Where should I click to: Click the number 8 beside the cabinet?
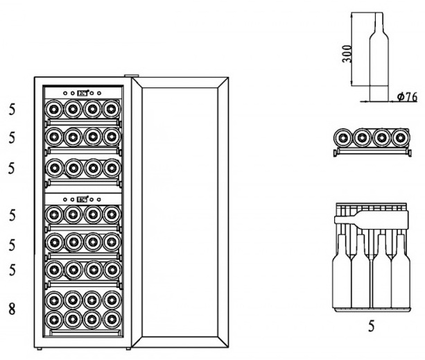11,309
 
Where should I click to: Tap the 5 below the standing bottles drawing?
371,326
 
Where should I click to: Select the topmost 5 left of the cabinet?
11,109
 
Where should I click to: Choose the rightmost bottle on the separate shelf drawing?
398,138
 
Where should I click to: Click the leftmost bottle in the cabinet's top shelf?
54,109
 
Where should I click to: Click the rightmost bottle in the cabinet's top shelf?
111,109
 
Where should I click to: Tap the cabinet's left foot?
43,348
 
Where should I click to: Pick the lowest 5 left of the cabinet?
11,271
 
